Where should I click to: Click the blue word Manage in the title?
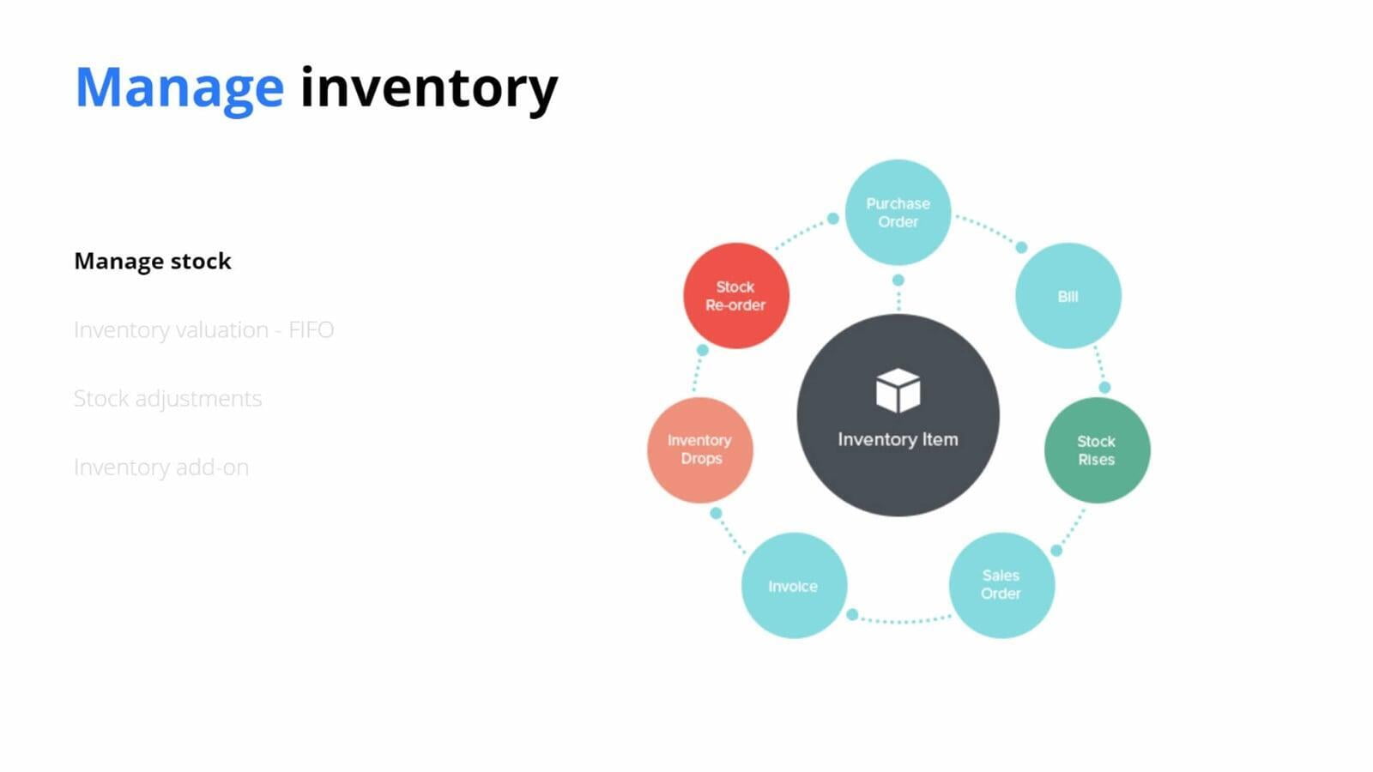pos(179,90)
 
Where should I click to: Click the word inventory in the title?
pos(429,90)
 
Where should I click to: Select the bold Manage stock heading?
pos(153,262)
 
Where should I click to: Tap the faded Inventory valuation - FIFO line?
pos(203,329)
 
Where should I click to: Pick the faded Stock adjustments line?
pos(168,399)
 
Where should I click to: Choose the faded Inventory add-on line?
pos(161,467)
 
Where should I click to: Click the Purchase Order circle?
pos(898,213)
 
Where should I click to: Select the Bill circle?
pos(1068,296)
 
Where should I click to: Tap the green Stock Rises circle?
pos(1098,450)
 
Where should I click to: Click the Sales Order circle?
pos(1001,585)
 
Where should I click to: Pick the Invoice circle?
pos(795,586)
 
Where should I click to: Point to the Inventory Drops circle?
pos(700,450)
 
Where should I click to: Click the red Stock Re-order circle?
pos(736,296)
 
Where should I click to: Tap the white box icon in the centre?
pos(898,390)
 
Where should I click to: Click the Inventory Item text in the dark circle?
pos(898,439)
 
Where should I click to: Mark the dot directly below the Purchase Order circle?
pos(898,280)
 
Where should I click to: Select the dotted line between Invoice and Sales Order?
pos(901,621)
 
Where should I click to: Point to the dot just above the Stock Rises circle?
pos(1104,387)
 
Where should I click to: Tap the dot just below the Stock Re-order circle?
pos(703,350)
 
